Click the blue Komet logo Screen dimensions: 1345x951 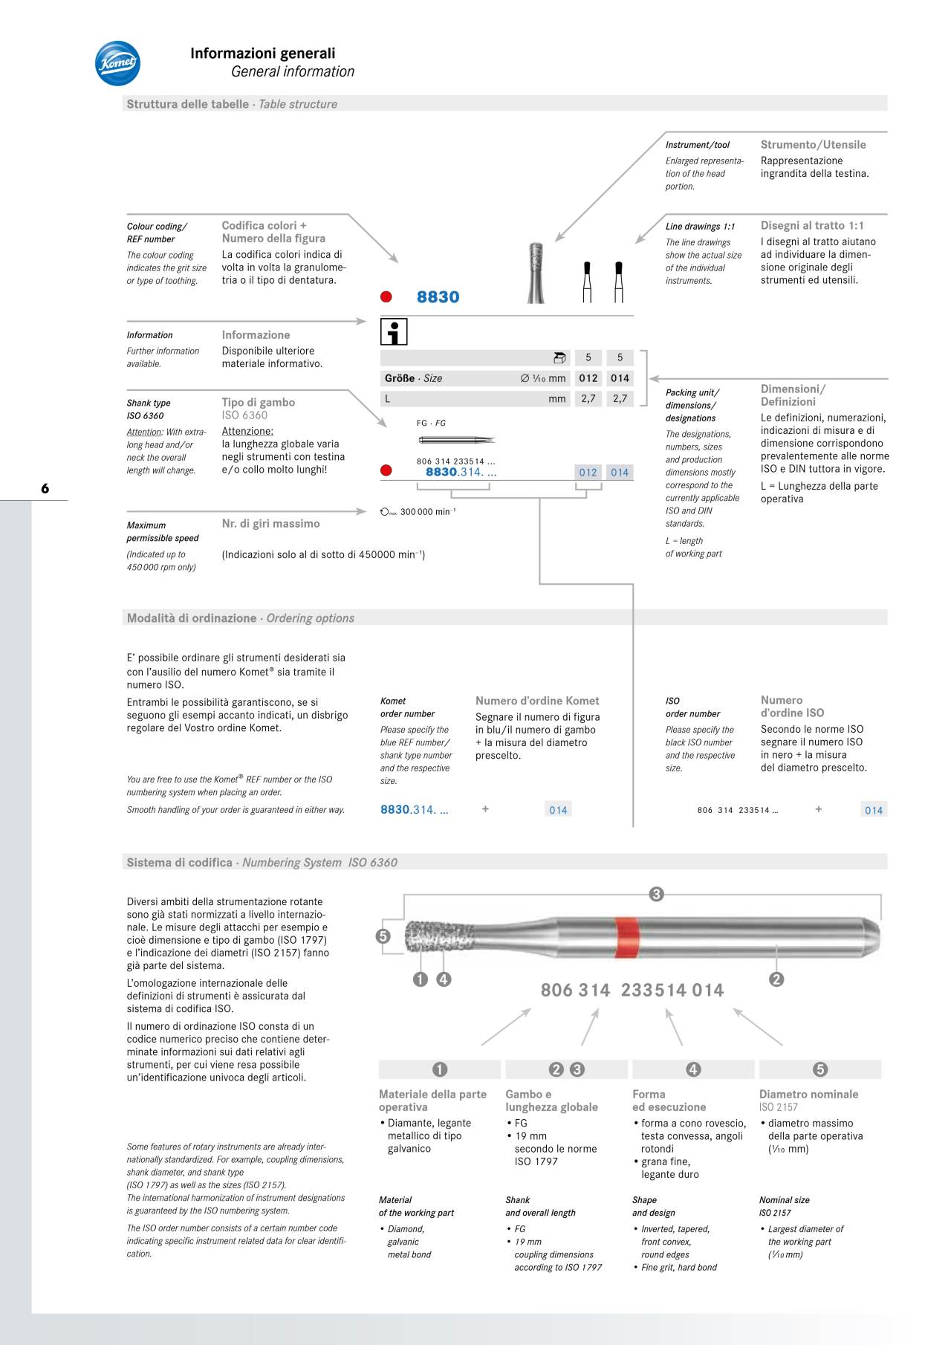click(117, 63)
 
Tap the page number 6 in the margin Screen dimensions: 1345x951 click(45, 488)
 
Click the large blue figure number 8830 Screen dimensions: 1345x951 click(438, 297)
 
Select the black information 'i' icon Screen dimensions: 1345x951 click(394, 331)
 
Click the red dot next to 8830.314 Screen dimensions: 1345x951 click(386, 470)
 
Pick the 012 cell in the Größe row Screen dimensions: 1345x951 click(588, 378)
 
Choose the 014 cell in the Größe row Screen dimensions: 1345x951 click(620, 378)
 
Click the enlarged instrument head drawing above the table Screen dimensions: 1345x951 click(536, 273)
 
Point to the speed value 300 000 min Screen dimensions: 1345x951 click(426, 512)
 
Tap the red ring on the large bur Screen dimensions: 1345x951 click(626, 938)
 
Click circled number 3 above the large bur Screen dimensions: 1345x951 click(656, 894)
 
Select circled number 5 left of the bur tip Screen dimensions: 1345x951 click(383, 936)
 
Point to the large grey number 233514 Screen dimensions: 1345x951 click(654, 991)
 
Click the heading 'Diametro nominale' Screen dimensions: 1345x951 click(808, 1094)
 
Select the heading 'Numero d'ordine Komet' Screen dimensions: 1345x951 click(537, 701)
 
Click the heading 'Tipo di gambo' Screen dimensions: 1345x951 click(259, 402)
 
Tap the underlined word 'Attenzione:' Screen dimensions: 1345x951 click(247, 431)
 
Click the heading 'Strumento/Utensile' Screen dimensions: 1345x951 click(813, 145)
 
